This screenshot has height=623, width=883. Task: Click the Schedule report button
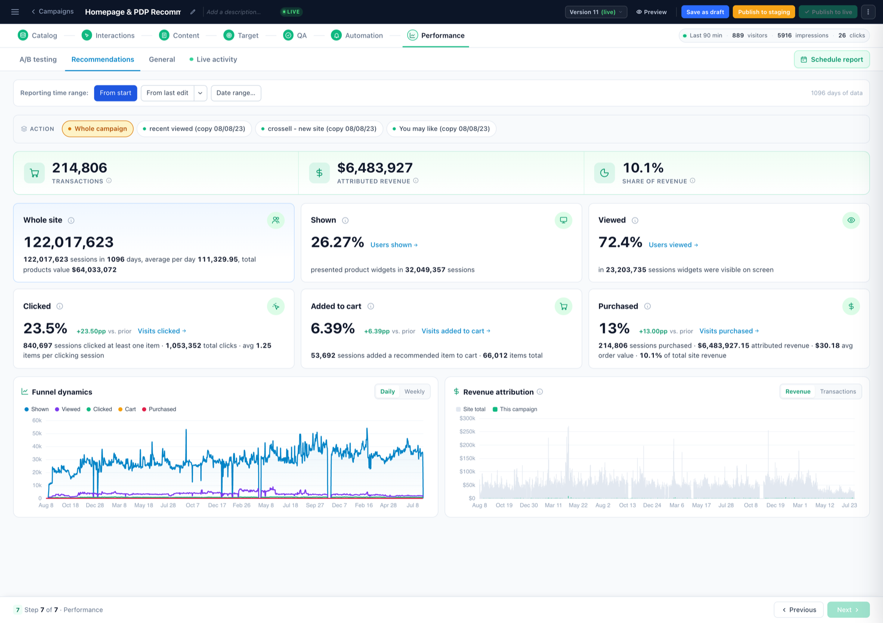coord(831,59)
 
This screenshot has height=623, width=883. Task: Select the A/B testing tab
coord(38,59)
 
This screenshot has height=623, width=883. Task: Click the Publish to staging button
coord(764,12)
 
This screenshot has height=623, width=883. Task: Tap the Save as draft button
coord(705,12)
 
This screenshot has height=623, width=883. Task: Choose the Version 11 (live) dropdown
coord(596,12)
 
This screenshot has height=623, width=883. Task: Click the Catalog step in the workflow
coord(37,35)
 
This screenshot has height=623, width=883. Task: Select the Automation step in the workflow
coord(357,35)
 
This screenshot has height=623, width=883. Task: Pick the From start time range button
coord(115,93)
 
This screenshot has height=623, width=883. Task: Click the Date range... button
coord(236,93)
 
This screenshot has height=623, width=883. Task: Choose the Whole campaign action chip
coord(98,129)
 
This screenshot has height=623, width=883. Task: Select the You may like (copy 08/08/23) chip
coord(441,129)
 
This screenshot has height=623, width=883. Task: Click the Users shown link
coord(394,245)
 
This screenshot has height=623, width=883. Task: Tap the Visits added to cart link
coord(456,331)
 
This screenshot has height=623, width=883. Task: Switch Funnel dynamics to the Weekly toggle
coord(415,391)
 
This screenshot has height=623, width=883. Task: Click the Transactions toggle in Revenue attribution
coord(838,391)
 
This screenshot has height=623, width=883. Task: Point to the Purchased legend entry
coord(159,409)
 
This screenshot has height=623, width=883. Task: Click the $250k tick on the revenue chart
coord(467,432)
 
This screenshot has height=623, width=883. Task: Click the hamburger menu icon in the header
coord(15,12)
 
